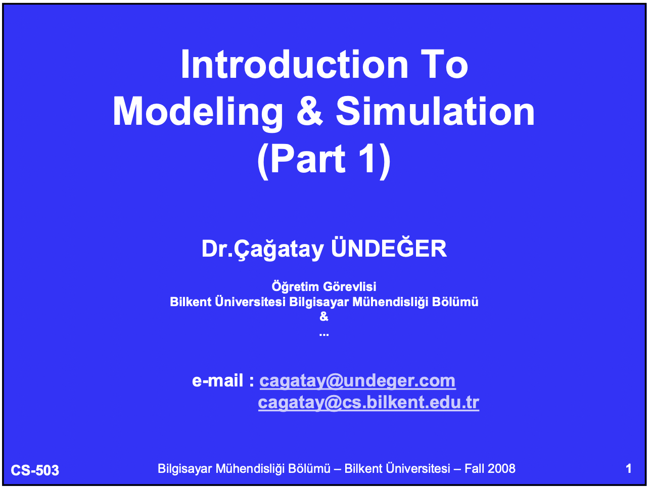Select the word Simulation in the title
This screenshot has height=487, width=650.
pyautogui.click(x=435, y=111)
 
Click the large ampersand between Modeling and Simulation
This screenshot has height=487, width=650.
pyautogui.click(x=309, y=111)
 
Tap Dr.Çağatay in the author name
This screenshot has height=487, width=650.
pyautogui.click(x=263, y=250)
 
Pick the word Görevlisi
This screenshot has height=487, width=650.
pyautogui.click(x=350, y=286)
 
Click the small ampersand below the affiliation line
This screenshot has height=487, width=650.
pyautogui.click(x=324, y=317)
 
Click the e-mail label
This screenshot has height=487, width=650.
pyautogui.click(x=223, y=380)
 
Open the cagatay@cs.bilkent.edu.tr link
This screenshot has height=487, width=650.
pyautogui.click(x=368, y=403)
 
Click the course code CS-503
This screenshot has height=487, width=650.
pyautogui.click(x=35, y=470)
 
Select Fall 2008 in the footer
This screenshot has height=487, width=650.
pyautogui.click(x=490, y=469)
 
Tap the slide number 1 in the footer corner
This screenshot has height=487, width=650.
pyautogui.click(x=629, y=469)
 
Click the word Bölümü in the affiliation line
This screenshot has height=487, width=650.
pyautogui.click(x=455, y=302)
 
